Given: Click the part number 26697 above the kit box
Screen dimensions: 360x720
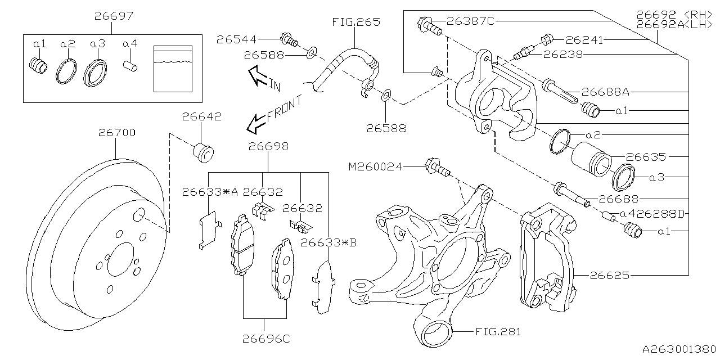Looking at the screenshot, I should pyautogui.click(x=114, y=16).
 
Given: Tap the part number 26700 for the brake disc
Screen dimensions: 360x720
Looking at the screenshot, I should pyautogui.click(x=116, y=133).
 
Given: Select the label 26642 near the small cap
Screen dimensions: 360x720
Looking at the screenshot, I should pyautogui.click(x=201, y=117).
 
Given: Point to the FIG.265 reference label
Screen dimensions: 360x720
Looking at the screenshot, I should pyautogui.click(x=355, y=22).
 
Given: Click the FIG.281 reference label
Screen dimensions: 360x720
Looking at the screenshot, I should pyautogui.click(x=497, y=332).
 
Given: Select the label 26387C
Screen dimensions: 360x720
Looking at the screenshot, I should pyautogui.click(x=470, y=21).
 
